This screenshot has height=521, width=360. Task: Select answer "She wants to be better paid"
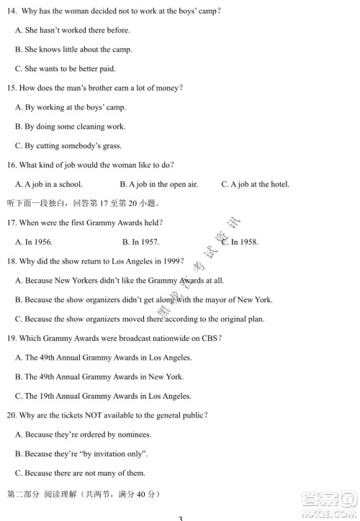point(65,69)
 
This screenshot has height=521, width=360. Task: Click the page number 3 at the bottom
point(181,517)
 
